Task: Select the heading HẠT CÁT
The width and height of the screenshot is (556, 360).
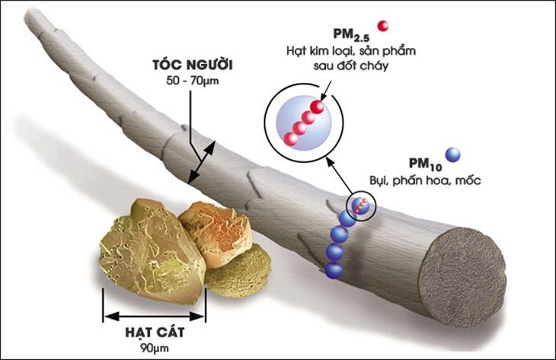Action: pos(155,333)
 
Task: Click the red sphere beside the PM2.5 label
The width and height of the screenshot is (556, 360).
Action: pos(382,26)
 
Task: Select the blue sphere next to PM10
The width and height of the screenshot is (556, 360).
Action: pos(452,155)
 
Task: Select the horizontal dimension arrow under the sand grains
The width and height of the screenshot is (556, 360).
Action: pos(155,312)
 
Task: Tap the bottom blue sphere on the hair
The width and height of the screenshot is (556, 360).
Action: pos(333,269)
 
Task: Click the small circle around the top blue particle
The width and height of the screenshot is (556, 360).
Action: pos(359,205)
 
